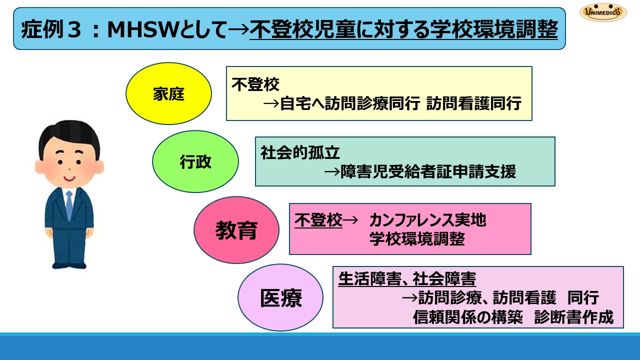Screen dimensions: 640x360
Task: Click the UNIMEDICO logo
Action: click(x=603, y=12)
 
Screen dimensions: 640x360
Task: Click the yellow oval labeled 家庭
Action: click(x=169, y=93)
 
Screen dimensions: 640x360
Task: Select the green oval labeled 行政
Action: click(x=195, y=161)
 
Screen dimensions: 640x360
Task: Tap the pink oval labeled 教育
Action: click(x=236, y=230)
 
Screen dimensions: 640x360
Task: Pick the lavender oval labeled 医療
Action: click(x=280, y=297)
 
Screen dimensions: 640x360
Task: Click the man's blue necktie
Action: click(x=69, y=205)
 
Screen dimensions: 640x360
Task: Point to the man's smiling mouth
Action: click(x=69, y=179)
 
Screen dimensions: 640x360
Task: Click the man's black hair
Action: click(x=69, y=137)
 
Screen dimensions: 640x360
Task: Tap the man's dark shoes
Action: click(x=69, y=265)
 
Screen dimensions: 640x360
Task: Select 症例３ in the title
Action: click(x=51, y=29)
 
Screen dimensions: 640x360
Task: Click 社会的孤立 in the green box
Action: click(x=300, y=152)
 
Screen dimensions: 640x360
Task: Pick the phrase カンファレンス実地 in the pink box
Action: click(x=427, y=220)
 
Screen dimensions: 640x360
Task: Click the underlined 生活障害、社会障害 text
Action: click(x=407, y=279)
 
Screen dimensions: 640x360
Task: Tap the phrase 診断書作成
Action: click(x=573, y=317)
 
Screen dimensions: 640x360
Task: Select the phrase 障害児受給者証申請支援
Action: click(x=428, y=171)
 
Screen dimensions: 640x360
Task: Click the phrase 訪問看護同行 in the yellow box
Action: click(x=474, y=103)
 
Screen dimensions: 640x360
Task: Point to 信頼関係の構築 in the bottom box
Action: click(x=467, y=317)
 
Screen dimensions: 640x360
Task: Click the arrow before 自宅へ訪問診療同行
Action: click(x=271, y=103)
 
